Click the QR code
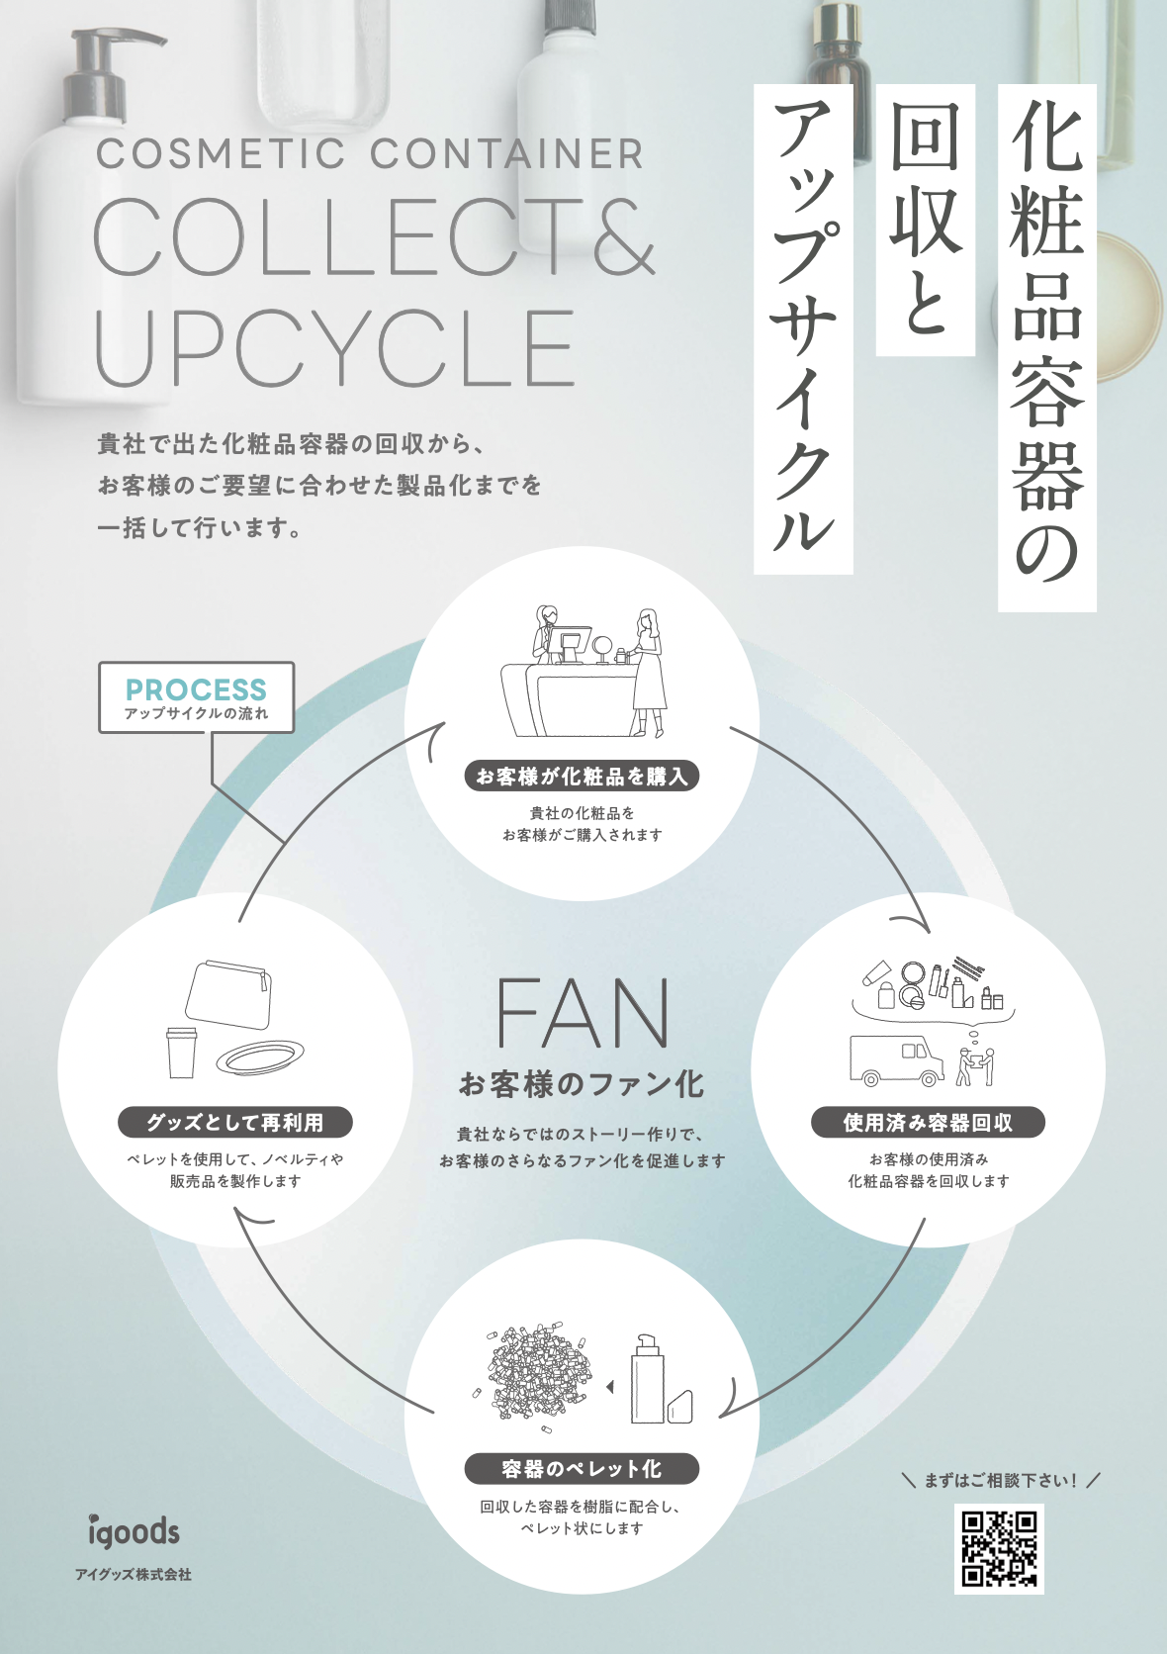point(999,1548)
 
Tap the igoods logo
point(134,1531)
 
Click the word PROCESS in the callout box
point(196,689)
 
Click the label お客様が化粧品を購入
point(582,777)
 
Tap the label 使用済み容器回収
point(928,1123)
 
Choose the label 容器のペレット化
point(582,1469)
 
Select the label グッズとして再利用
point(235,1123)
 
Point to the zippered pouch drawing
point(229,995)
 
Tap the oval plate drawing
point(260,1058)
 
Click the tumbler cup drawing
point(182,1052)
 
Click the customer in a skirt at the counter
point(647,673)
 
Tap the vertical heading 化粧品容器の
point(1046,346)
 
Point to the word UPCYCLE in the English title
point(334,348)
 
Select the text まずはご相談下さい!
point(1001,1480)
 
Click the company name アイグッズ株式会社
point(134,1574)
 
